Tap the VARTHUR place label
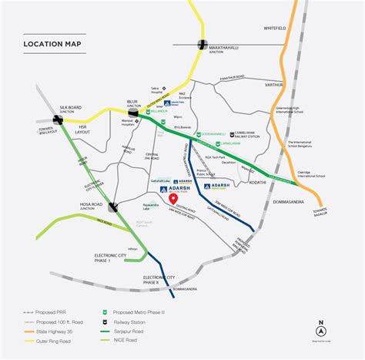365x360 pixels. coord(274,85)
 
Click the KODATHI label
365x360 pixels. coord(257,182)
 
